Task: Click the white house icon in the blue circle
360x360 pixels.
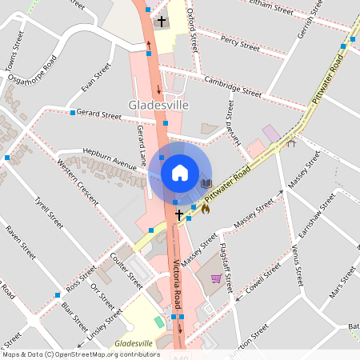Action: point(179,172)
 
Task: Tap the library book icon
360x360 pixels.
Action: point(206,184)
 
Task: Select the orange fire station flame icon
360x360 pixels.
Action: point(205,209)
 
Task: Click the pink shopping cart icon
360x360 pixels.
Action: point(216,278)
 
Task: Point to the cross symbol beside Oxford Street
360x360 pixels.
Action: point(162,21)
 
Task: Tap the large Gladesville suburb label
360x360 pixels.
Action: point(158,106)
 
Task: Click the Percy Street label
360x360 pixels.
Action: point(240,43)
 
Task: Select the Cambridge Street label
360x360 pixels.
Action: point(233,86)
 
